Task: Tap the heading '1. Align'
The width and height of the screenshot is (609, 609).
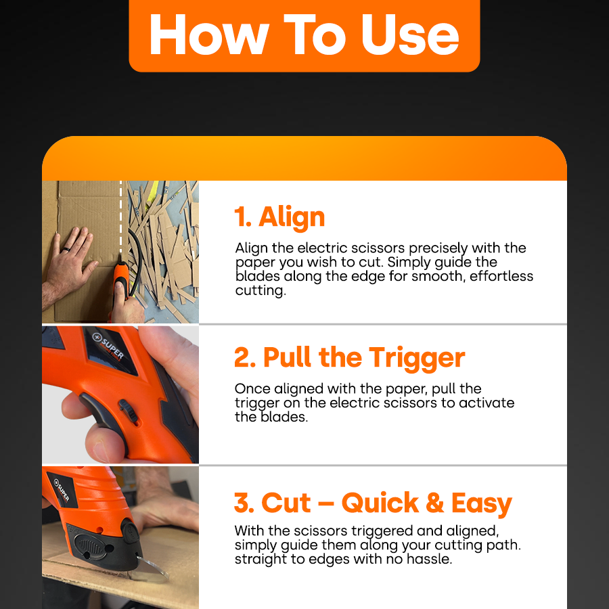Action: (279, 217)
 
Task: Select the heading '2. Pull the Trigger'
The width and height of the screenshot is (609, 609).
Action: (350, 357)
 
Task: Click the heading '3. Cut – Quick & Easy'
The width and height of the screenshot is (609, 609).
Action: (373, 503)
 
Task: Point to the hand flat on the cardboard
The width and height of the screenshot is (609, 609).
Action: (71, 257)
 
